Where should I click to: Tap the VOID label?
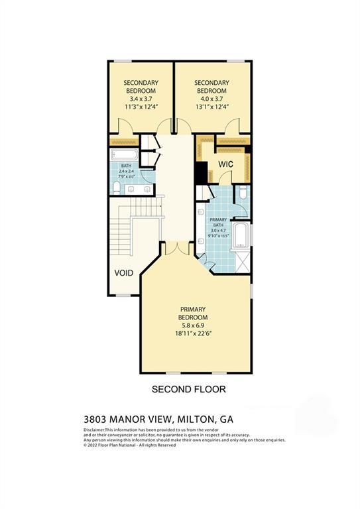123,273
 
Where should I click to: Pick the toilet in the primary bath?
243,194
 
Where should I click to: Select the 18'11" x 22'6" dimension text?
193,334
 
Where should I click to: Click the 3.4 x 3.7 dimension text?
141,98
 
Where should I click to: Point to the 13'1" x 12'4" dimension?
211,107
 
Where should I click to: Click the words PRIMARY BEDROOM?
193,313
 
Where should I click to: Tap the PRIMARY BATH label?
218,223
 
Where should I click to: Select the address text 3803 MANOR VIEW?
127,419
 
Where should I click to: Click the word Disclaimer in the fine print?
94,430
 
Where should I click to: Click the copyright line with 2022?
129,445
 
